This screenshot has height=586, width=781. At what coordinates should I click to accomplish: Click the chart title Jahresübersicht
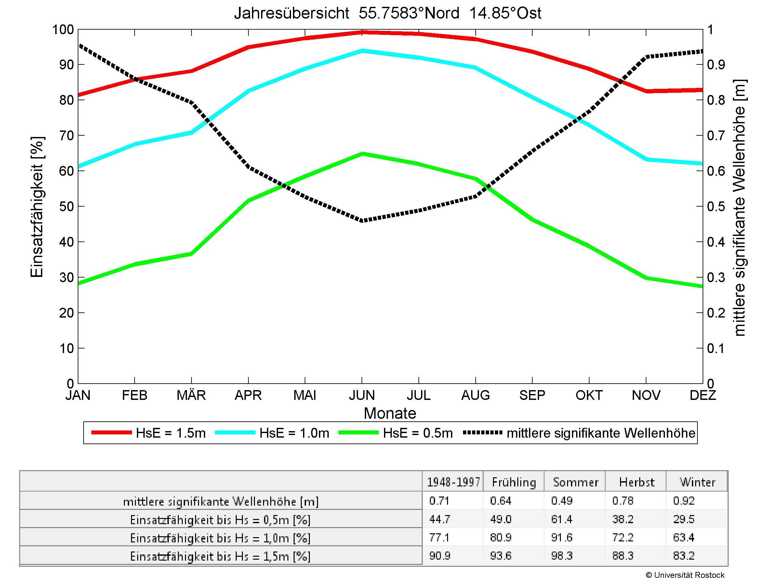click(387, 13)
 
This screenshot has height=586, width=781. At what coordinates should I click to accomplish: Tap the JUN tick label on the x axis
click(362, 395)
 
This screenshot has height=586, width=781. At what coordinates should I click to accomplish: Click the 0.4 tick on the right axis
click(716, 242)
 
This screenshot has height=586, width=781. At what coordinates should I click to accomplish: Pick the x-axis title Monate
click(390, 413)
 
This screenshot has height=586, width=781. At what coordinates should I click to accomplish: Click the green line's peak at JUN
click(362, 154)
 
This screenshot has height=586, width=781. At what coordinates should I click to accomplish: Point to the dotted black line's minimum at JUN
click(362, 221)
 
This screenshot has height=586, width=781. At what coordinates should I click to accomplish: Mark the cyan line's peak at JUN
click(362, 50)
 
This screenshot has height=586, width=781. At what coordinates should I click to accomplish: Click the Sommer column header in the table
click(576, 482)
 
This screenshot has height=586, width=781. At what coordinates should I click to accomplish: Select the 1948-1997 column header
click(453, 482)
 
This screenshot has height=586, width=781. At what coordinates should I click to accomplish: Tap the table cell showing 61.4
click(562, 519)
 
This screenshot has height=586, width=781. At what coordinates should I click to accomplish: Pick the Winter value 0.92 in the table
click(683, 501)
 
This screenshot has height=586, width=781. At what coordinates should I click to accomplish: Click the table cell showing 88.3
click(623, 556)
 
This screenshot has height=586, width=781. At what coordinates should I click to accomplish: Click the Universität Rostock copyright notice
click(685, 575)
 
